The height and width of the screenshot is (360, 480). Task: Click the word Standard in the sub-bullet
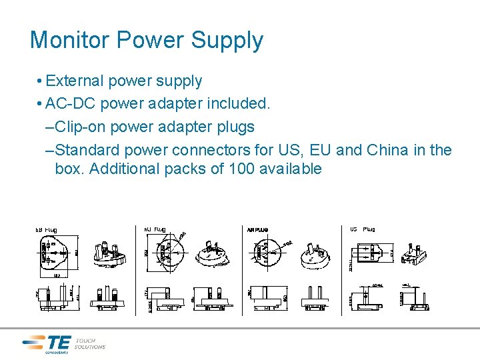(87, 150)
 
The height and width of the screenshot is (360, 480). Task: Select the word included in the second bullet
(237, 104)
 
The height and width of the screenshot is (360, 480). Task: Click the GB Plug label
(46, 230)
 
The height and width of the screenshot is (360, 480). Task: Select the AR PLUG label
(257, 230)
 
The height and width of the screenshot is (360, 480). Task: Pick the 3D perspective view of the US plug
(415, 253)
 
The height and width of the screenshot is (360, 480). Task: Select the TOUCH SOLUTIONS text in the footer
(90, 343)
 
